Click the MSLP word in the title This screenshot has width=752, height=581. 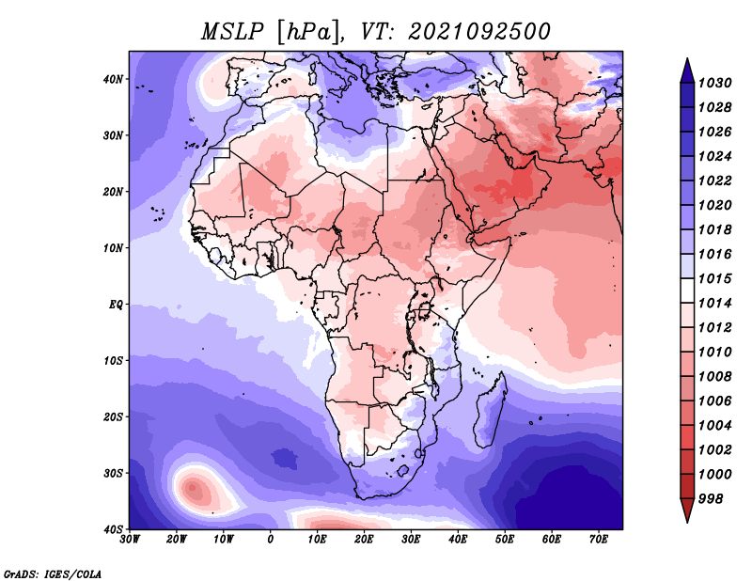click(x=232, y=32)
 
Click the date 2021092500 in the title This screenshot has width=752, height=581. click(x=479, y=32)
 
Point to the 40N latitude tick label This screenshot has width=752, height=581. click(x=113, y=79)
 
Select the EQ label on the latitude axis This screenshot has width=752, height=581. click(x=116, y=305)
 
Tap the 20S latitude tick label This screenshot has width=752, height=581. click(x=113, y=416)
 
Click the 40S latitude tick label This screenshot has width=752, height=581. click(x=113, y=529)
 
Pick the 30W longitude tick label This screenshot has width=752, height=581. click(x=130, y=540)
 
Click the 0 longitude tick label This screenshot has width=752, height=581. click(x=271, y=540)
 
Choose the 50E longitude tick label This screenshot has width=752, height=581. click(x=505, y=540)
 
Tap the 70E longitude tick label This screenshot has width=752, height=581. click(x=598, y=540)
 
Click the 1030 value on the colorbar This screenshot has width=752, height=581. click(x=714, y=83)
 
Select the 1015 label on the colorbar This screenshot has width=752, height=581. click(x=714, y=278)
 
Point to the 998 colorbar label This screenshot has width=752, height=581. click(x=711, y=499)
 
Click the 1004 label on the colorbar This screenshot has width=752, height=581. click(x=714, y=426)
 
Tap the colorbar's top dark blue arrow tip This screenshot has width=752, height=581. click(x=687, y=59)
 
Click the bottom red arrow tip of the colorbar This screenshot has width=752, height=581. click(x=687, y=522)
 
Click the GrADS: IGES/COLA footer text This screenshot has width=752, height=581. click(x=53, y=574)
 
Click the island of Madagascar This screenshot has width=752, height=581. click(x=490, y=412)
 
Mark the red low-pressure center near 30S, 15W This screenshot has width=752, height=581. click(x=193, y=489)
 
